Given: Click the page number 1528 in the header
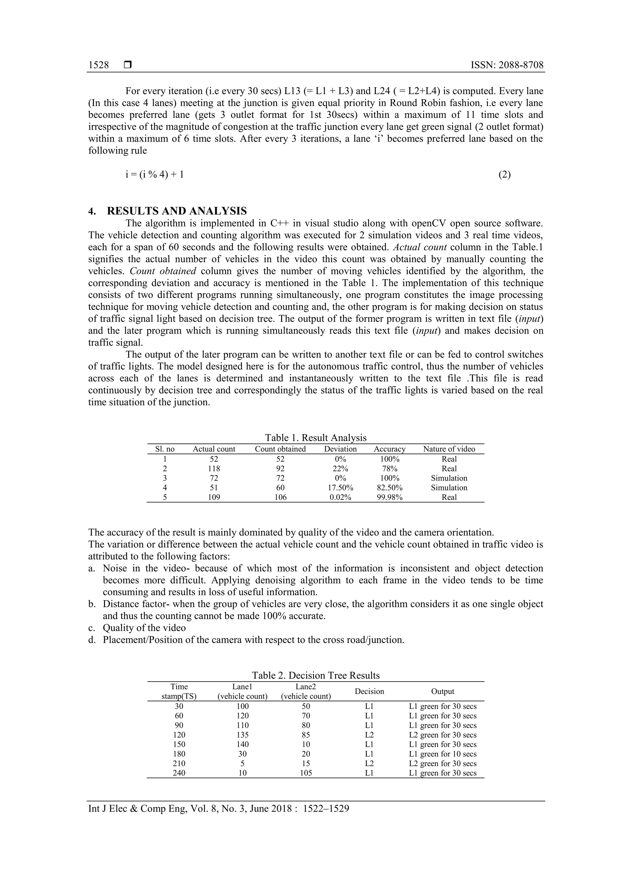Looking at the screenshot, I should click(x=99, y=65).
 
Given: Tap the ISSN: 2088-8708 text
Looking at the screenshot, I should click(x=507, y=65).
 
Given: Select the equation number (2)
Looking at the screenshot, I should click(x=504, y=174).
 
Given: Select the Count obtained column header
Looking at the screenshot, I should click(x=280, y=449).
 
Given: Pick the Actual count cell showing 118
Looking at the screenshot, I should click(x=214, y=468).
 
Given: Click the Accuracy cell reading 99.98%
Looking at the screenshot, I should click(x=389, y=497).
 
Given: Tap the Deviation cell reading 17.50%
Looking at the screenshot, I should click(x=340, y=488).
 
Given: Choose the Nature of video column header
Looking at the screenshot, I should click(x=449, y=449).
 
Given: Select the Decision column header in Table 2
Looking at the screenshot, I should click(x=369, y=691).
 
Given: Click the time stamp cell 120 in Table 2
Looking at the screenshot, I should click(x=179, y=735).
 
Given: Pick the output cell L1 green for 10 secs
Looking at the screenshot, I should click(x=443, y=754).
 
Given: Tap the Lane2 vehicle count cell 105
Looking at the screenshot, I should click(x=306, y=773).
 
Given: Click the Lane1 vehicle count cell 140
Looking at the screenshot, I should click(x=242, y=745).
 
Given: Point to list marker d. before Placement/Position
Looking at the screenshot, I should click(x=92, y=640).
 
